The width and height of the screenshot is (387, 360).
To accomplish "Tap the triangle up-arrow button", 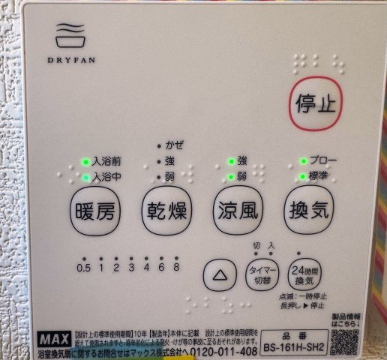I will (220, 274).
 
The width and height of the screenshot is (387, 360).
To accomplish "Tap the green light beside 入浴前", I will (85, 162).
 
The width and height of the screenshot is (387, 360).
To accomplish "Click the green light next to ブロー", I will (302, 160).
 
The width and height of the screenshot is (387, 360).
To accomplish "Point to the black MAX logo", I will (52, 337).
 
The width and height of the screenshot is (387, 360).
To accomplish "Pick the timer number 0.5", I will (83, 268).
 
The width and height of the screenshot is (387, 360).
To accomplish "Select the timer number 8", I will (176, 268).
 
